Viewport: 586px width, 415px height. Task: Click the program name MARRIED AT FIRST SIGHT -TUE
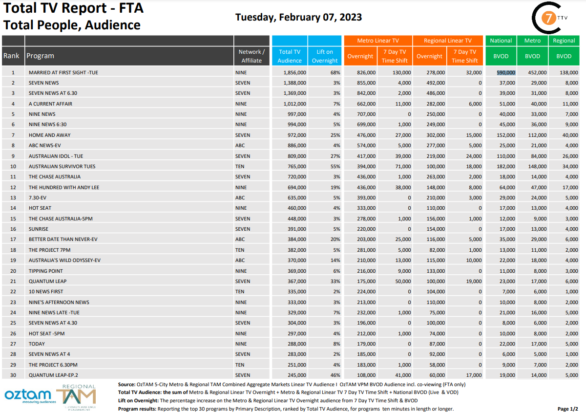tap(63, 72)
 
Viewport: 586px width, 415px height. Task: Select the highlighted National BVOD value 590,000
tap(506, 72)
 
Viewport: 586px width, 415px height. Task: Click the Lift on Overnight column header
tap(325, 56)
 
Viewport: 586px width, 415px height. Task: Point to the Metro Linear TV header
tap(378, 41)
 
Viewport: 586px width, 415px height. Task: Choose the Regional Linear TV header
tap(448, 41)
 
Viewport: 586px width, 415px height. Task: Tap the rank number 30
tap(13, 375)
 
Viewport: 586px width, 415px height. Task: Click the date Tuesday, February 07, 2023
tap(298, 17)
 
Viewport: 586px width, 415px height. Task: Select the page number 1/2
tap(568, 409)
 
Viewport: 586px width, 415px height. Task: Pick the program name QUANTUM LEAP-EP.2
tap(54, 375)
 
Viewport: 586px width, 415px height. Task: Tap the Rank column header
tap(12, 56)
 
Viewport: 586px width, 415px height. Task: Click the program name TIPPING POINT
tap(47, 271)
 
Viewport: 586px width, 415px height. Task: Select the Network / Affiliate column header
tap(251, 56)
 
